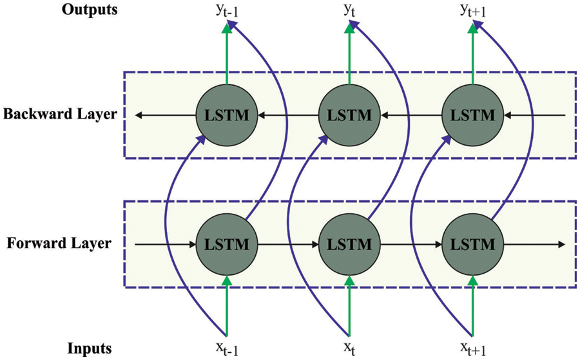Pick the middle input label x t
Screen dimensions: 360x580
point(349,349)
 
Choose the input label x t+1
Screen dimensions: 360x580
point(474,349)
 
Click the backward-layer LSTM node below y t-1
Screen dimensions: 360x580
point(226,116)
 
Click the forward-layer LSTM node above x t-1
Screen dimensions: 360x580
point(226,245)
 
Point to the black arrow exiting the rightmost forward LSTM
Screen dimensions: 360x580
point(535,245)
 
